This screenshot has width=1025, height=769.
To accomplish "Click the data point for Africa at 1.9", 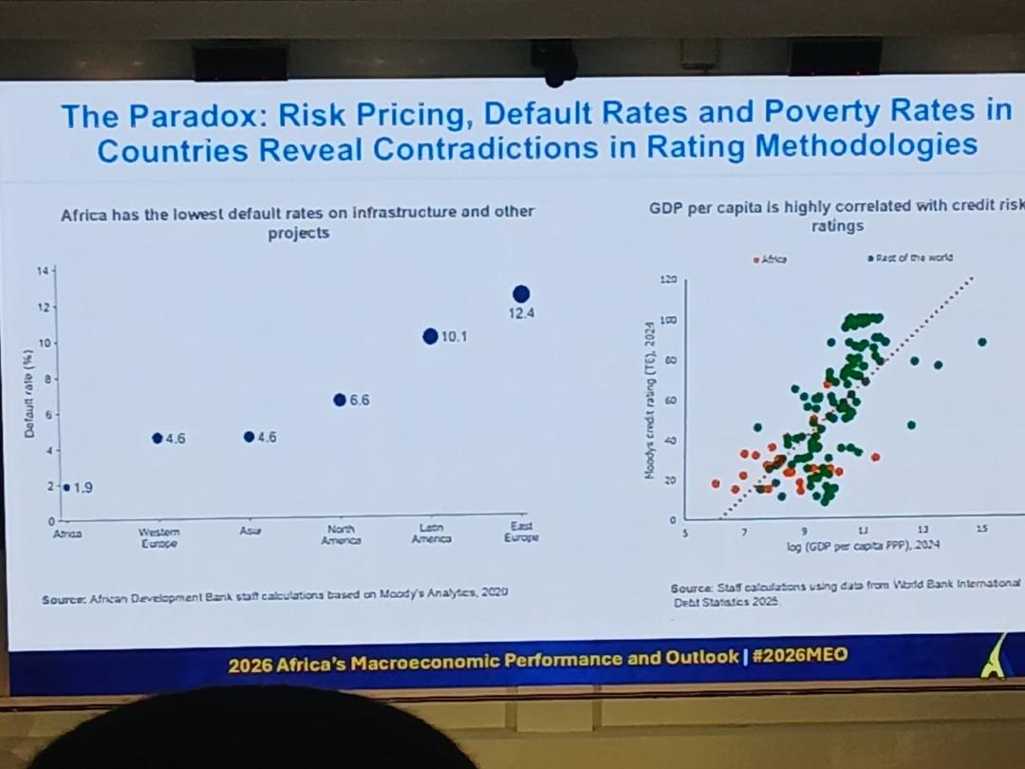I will point(66,488).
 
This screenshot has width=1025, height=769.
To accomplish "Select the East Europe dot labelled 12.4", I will point(521,294).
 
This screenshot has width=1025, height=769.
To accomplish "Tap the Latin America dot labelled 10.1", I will point(430,336).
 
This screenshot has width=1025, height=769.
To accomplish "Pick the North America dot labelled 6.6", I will point(340,400).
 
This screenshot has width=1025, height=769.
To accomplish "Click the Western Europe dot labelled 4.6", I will point(158,438).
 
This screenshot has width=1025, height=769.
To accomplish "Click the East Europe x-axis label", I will point(521,533).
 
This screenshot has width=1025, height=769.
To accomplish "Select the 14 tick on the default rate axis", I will point(42,272).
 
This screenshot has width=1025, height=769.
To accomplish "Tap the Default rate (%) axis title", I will point(29,397).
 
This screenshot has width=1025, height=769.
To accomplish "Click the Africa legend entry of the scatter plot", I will point(770,258).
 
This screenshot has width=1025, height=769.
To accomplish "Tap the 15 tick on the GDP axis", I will point(981,529).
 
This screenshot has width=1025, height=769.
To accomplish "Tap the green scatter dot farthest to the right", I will point(982,342).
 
